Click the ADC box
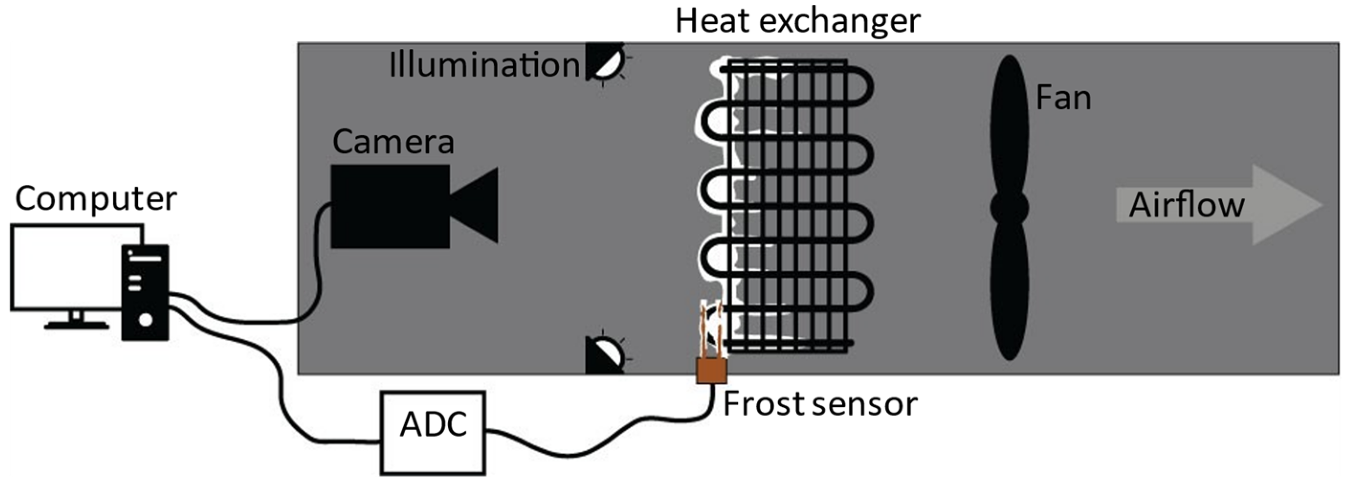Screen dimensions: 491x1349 click(x=433, y=432)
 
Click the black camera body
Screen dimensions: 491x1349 click(x=390, y=206)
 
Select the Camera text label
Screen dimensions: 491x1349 click(x=393, y=142)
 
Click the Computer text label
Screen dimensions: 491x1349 click(x=96, y=199)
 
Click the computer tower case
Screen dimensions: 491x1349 click(x=145, y=292)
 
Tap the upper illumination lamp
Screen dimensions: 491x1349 click(x=606, y=62)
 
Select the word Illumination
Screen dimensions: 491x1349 click(x=484, y=65)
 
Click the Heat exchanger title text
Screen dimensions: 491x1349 click(x=797, y=21)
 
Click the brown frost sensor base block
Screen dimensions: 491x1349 click(x=711, y=370)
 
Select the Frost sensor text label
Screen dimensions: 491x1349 click(x=820, y=404)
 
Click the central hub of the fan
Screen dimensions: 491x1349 click(x=1009, y=208)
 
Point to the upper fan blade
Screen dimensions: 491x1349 click(x=1009, y=126)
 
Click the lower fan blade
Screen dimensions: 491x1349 click(x=1009, y=293)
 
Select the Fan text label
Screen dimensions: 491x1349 click(x=1063, y=98)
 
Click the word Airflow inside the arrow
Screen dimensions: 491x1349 click(x=1186, y=205)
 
